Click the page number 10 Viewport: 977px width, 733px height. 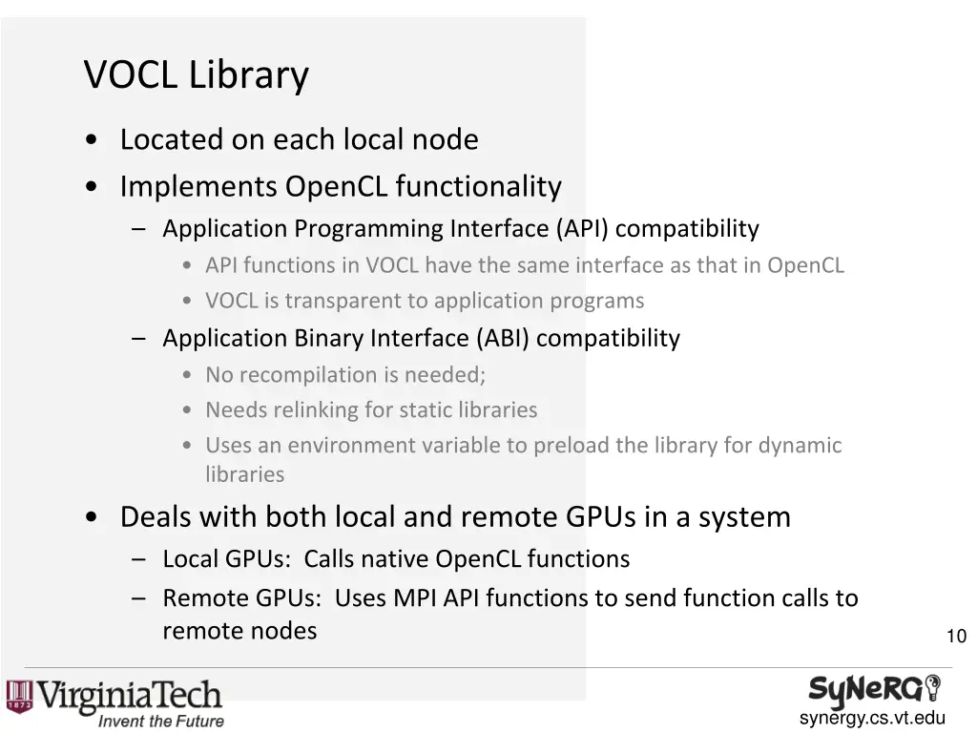pos(955,637)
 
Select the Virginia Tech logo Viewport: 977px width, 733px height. pos(114,696)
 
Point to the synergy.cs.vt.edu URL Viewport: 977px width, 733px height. pos(872,719)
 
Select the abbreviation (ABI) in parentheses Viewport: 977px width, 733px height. pos(502,338)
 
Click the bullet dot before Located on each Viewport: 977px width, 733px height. pos(90,140)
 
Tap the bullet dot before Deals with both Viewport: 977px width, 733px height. pos(90,517)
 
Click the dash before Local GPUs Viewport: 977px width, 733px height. pos(140,559)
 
